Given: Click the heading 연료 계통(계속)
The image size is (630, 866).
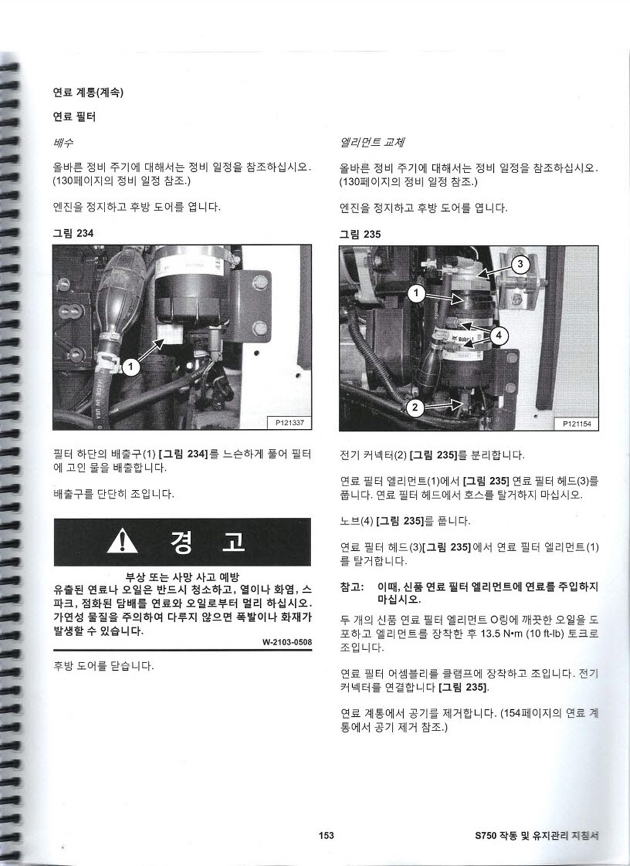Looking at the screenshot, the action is [88, 93].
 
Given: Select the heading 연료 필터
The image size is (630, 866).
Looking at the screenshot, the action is [74, 117].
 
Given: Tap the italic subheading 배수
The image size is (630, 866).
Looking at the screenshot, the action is [63, 143].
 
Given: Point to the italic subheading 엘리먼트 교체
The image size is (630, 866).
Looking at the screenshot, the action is [372, 142].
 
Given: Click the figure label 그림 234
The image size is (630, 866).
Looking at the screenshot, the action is [73, 233].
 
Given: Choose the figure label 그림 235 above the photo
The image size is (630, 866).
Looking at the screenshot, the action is [360, 234].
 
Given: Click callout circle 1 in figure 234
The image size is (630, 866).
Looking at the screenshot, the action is [131, 367].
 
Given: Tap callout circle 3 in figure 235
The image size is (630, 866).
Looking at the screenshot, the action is [520, 264].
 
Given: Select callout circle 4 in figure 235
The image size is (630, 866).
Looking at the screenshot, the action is [499, 335].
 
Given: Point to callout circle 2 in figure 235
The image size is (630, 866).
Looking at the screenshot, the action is [415, 407].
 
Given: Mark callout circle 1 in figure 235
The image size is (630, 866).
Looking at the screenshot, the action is [416, 293].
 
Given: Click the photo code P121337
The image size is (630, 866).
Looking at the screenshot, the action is [290, 423].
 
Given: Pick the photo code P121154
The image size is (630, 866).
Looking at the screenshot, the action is [576, 424].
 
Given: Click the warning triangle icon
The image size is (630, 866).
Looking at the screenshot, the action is [122, 541].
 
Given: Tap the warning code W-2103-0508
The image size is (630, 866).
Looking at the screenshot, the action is [287, 642].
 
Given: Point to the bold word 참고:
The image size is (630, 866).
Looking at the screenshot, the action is [352, 587].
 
